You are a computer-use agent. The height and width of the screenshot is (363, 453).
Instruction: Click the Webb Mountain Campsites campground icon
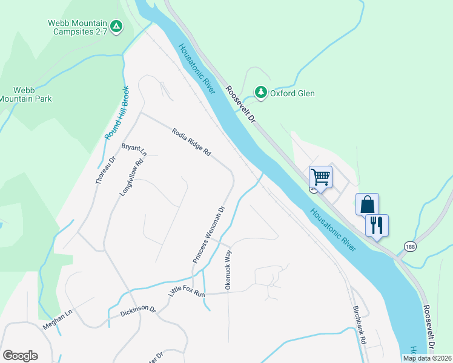(117, 27)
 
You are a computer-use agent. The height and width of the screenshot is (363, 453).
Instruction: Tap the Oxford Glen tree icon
(261, 92)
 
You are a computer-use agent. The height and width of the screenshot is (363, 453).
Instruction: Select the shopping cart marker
(320, 177)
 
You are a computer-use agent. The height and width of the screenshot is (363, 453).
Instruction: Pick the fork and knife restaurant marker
(377, 225)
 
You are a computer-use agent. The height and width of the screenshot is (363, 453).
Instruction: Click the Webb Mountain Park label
(25, 94)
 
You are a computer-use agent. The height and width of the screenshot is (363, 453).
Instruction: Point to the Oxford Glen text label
(292, 93)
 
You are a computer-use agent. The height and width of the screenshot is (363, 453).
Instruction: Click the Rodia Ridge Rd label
(191, 142)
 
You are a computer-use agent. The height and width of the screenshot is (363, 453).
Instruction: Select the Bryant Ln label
(134, 148)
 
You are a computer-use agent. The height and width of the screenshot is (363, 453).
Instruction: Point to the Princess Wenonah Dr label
(209, 234)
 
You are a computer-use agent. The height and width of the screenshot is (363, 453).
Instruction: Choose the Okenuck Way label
(229, 271)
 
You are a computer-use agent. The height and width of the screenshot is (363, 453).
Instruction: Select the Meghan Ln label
(57, 319)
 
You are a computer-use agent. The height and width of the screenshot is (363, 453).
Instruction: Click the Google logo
(20, 356)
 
